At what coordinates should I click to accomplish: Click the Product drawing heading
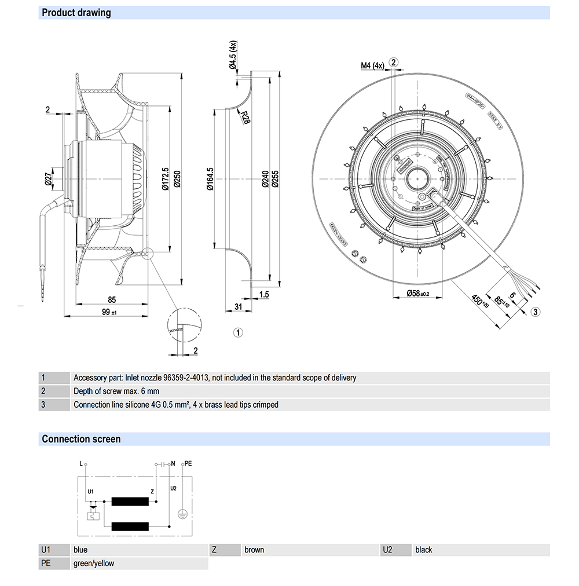[x=76, y=12]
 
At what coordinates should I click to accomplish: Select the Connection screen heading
[x=81, y=439]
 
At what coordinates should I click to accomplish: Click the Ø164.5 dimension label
[x=210, y=179]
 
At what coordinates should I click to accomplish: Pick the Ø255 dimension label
[x=275, y=179]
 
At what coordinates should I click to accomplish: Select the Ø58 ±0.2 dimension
[x=417, y=294]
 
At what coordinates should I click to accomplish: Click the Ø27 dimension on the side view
[x=49, y=181]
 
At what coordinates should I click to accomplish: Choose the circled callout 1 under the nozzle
[x=238, y=332]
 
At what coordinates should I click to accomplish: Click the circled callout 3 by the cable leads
[x=536, y=312]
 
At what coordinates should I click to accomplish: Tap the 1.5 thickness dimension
[x=264, y=295]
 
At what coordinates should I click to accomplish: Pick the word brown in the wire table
[x=254, y=550]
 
